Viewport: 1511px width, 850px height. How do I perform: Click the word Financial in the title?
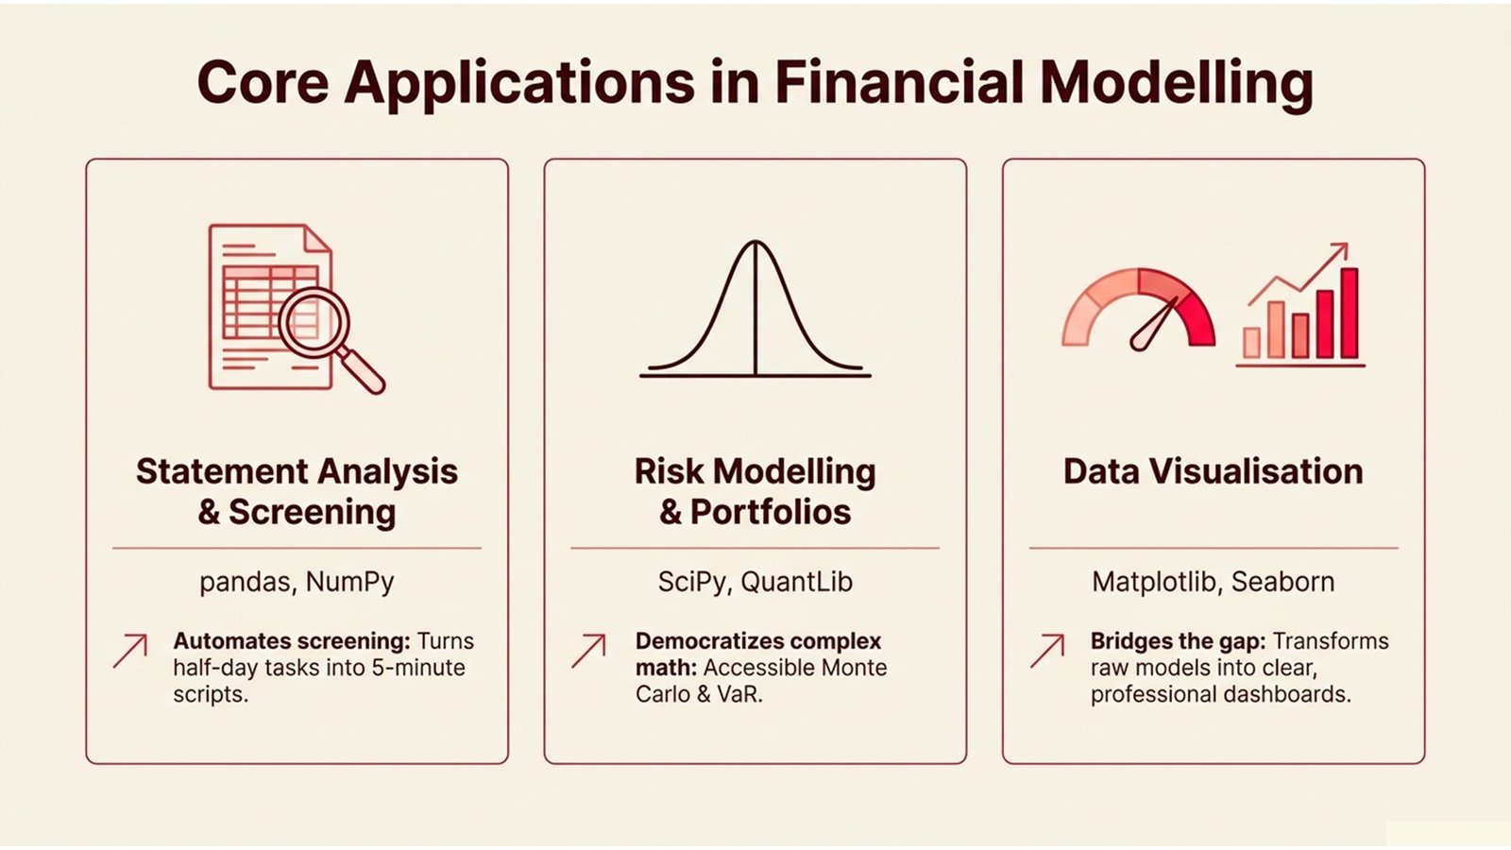point(898,83)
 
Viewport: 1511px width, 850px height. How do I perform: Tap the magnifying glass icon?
point(317,323)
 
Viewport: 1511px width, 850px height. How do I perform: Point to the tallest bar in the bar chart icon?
point(1349,314)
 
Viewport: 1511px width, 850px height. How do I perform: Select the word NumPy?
point(349,582)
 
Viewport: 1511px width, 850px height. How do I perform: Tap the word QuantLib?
point(796,582)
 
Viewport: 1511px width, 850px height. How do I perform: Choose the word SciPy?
point(692,582)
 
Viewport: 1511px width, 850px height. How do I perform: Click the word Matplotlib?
point(1153,582)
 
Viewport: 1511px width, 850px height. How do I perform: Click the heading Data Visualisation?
point(1213,471)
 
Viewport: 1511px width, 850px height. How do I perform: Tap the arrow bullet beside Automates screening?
point(130,651)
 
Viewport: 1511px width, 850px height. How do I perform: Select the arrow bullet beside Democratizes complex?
point(588,651)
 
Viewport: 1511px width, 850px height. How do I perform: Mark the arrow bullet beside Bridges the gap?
point(1047,651)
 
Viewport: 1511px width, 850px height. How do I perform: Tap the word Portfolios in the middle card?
point(770,512)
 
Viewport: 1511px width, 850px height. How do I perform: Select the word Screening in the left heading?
point(312,512)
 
